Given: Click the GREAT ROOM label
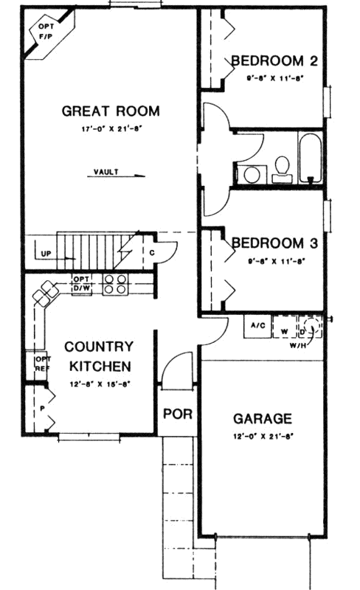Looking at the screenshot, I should click(x=110, y=111).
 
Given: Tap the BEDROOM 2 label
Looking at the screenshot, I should click(x=274, y=60).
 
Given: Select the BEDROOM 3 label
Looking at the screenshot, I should click(x=274, y=243).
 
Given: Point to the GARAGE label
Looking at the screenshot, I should click(x=263, y=417).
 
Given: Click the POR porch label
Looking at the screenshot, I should click(x=177, y=414).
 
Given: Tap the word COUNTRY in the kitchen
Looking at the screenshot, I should click(x=98, y=346).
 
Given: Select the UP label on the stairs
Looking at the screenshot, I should click(x=46, y=255).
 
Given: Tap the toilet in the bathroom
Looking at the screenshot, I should click(x=280, y=168).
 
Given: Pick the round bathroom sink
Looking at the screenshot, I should click(x=253, y=174).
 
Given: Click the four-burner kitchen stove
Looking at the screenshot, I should click(x=114, y=284).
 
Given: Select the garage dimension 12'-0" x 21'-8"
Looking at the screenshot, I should click(x=263, y=436).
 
